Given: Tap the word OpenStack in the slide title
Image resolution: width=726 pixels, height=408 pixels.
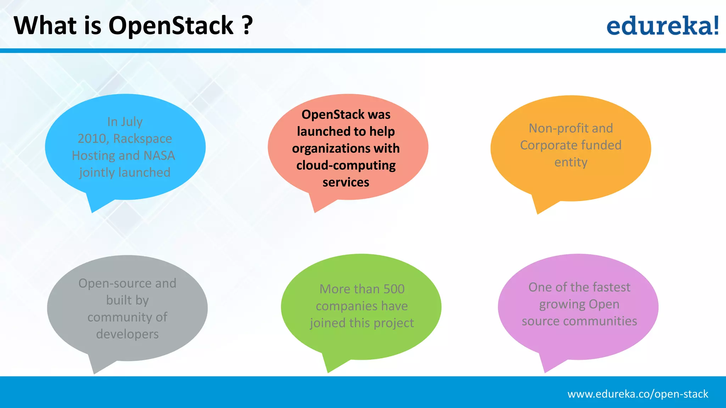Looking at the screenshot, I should click(x=171, y=26).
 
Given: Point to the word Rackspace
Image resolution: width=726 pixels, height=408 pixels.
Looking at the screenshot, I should click(x=143, y=138).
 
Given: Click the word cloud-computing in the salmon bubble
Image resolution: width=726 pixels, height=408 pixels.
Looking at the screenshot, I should click(x=346, y=165).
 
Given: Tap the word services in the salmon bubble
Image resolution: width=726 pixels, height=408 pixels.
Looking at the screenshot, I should click(x=346, y=182).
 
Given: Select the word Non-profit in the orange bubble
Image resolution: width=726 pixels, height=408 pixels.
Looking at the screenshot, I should click(x=554, y=128).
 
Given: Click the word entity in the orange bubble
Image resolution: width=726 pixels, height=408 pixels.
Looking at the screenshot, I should click(x=571, y=162).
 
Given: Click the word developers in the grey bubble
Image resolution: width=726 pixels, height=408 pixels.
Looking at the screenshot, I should click(x=127, y=334).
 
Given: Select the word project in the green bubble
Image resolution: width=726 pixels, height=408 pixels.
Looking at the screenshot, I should click(x=393, y=323).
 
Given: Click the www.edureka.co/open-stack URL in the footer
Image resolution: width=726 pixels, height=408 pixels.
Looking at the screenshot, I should click(x=637, y=394).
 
